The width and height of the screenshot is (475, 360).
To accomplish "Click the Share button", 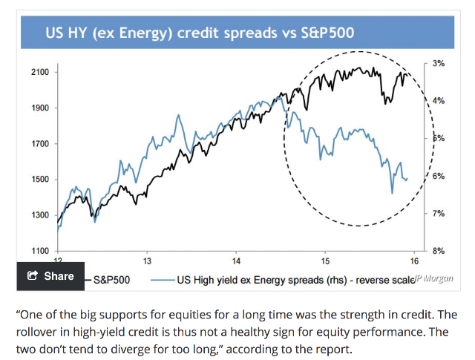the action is pos(50,276).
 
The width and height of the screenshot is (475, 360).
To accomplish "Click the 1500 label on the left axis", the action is pos(40,179).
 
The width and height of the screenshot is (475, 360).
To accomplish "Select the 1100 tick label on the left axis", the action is pos(40,251).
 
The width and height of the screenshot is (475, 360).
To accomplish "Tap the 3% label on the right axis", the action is pos(439,63).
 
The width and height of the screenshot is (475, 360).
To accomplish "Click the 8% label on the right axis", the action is pos(439,251).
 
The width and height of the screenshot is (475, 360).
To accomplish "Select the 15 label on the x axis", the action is pos(325,261).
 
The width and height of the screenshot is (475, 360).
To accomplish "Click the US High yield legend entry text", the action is pos(295,280).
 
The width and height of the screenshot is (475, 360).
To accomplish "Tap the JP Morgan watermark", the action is pos(433,278).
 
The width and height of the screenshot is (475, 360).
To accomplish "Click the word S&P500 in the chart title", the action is pos(327,33).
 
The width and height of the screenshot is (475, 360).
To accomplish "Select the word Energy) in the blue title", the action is pos(145,33).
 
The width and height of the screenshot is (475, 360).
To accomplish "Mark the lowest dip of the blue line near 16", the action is pos(393,193).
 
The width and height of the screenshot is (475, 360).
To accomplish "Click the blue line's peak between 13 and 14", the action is pos(178,115).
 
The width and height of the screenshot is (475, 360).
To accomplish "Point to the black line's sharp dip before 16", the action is pos(386,104).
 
